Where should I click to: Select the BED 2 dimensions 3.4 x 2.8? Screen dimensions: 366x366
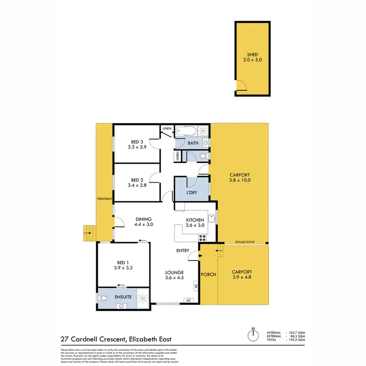click(137, 185)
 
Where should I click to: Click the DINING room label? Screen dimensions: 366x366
click(144, 219)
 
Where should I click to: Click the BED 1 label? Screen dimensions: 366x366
click(123, 262)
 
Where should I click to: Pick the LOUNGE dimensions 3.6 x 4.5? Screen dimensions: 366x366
click(174, 279)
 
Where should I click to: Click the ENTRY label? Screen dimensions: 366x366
click(183, 251)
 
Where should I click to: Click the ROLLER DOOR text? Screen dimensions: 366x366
click(245, 241)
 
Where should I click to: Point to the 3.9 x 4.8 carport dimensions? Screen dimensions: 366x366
click(242, 278)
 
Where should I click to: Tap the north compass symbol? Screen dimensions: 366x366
click(253, 336)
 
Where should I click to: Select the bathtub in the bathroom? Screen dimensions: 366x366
click(187, 131)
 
